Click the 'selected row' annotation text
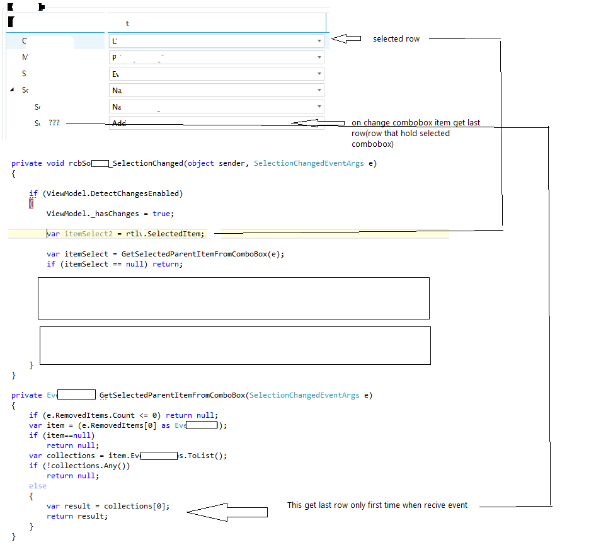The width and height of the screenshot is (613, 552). (x=396, y=39)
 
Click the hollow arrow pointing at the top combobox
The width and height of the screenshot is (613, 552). (x=346, y=39)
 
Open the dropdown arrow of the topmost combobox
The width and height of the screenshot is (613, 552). (x=319, y=41)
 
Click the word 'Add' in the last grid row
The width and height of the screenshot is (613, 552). (x=119, y=124)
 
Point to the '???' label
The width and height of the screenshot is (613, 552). (x=54, y=124)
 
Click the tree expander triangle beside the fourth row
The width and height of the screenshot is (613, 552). (x=13, y=90)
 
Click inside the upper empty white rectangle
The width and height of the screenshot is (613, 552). (x=233, y=298)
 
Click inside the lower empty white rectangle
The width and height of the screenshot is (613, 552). (x=234, y=345)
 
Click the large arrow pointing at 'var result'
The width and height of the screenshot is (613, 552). (x=227, y=512)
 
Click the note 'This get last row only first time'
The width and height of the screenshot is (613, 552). (x=377, y=505)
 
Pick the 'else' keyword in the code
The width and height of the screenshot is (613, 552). (x=38, y=486)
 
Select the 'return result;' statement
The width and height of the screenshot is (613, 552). (x=77, y=516)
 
